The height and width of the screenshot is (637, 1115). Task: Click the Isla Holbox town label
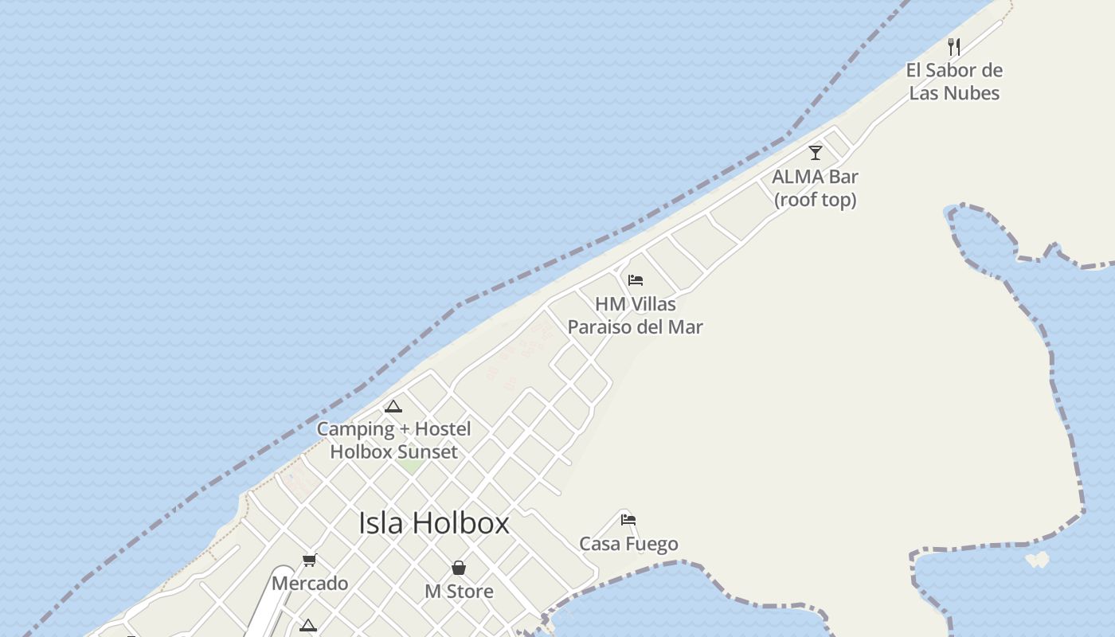coord(433,523)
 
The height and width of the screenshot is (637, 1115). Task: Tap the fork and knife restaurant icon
coord(954,47)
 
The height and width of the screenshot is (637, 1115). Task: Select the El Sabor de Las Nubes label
coord(954,81)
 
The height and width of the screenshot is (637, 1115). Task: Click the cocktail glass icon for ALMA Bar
coord(815,153)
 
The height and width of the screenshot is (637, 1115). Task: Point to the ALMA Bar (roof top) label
coord(815,188)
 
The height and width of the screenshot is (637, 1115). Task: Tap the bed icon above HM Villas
coord(636,280)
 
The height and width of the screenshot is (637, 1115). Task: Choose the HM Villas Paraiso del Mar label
coord(635,315)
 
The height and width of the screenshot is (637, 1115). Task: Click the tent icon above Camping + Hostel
coord(393,407)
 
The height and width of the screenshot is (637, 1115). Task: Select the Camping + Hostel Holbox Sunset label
coord(393,440)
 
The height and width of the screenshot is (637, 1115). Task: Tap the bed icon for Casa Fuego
coord(628,520)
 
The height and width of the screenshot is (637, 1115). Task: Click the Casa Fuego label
coord(628,545)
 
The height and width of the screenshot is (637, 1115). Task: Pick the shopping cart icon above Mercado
coord(309,561)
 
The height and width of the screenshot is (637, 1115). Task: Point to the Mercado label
coord(310,584)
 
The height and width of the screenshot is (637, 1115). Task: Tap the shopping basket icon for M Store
coord(459,568)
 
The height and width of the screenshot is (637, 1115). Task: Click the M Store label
coord(459,592)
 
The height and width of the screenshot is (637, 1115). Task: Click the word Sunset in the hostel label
coord(428,452)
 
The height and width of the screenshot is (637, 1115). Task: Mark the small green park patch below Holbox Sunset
coord(411,465)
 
